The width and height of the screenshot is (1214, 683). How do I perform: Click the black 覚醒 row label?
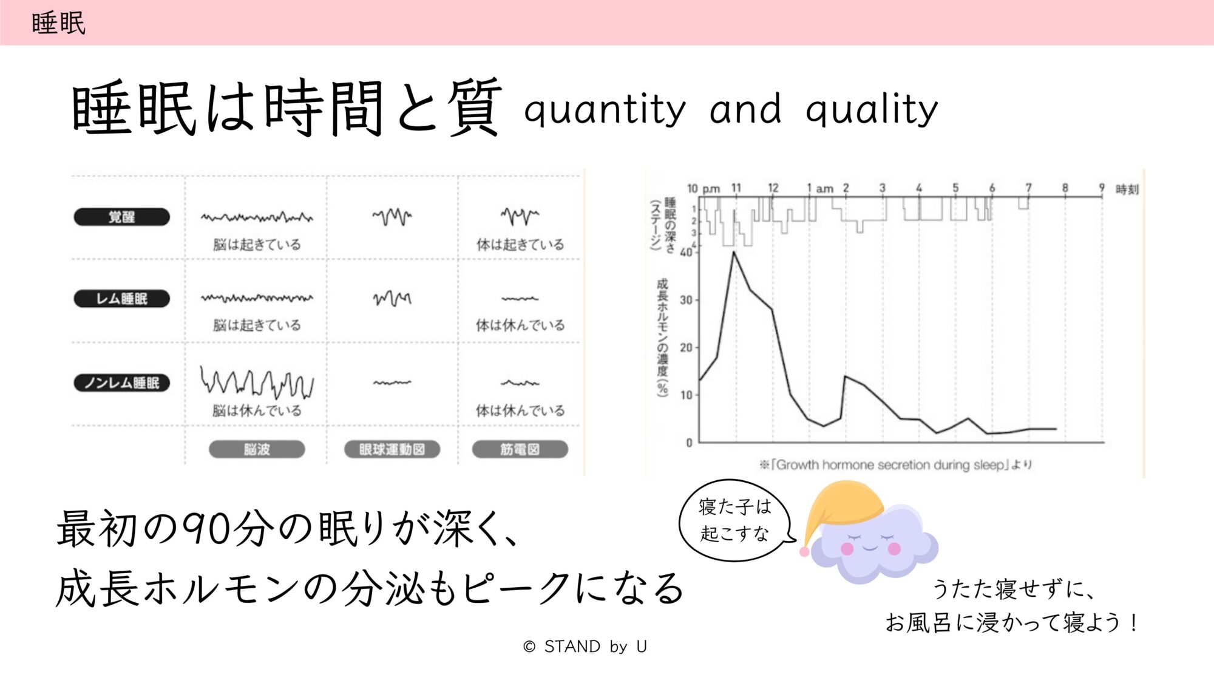tap(122, 217)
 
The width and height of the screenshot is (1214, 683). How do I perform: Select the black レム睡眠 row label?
tap(122, 299)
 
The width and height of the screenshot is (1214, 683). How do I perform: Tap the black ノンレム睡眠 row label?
tap(122, 383)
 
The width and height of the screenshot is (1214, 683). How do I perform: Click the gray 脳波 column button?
tap(257, 449)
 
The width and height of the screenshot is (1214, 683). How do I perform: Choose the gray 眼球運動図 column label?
tap(392, 449)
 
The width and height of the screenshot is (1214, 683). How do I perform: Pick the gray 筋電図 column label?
tap(520, 449)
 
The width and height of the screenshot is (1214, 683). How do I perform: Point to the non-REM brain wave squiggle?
tap(257, 382)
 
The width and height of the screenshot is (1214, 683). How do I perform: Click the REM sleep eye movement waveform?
tap(392, 298)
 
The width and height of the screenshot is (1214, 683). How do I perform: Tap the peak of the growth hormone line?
tap(734, 251)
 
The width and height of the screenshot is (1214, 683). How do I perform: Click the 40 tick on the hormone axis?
tap(686, 253)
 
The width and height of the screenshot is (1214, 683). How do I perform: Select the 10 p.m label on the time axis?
tap(704, 188)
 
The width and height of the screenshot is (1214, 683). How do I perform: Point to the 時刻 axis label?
tap(1127, 189)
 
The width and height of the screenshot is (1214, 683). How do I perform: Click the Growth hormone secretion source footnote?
tap(895, 465)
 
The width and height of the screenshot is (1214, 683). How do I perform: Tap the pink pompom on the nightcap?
tap(804, 552)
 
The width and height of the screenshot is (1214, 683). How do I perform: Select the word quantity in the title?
tap(605, 110)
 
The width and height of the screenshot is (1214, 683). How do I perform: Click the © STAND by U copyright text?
tap(585, 647)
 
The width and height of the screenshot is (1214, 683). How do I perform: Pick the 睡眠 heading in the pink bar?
tap(58, 24)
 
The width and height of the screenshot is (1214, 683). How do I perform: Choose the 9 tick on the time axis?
tap(1102, 188)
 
